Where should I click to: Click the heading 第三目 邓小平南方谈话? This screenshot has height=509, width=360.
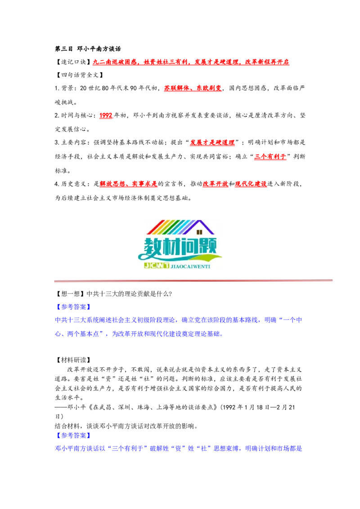(88, 49)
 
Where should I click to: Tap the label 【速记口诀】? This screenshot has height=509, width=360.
(73, 62)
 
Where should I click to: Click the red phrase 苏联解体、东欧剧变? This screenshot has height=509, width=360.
(193, 88)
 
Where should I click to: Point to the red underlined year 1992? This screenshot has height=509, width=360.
(106, 116)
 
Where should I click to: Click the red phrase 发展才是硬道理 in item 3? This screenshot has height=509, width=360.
(212, 143)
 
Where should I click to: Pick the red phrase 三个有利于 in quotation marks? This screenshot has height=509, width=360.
(270, 156)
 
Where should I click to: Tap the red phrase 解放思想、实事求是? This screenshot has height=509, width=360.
(129, 184)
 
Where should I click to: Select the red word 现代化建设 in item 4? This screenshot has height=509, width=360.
(251, 184)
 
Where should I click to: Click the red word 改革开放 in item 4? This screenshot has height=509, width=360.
(216, 184)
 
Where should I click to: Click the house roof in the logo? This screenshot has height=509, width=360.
(180, 227)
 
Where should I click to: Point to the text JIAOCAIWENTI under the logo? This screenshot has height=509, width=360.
(190, 267)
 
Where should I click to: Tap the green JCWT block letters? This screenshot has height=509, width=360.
(157, 266)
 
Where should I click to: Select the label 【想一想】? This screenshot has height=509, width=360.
(70, 294)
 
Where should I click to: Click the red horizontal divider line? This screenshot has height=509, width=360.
(193, 281)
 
